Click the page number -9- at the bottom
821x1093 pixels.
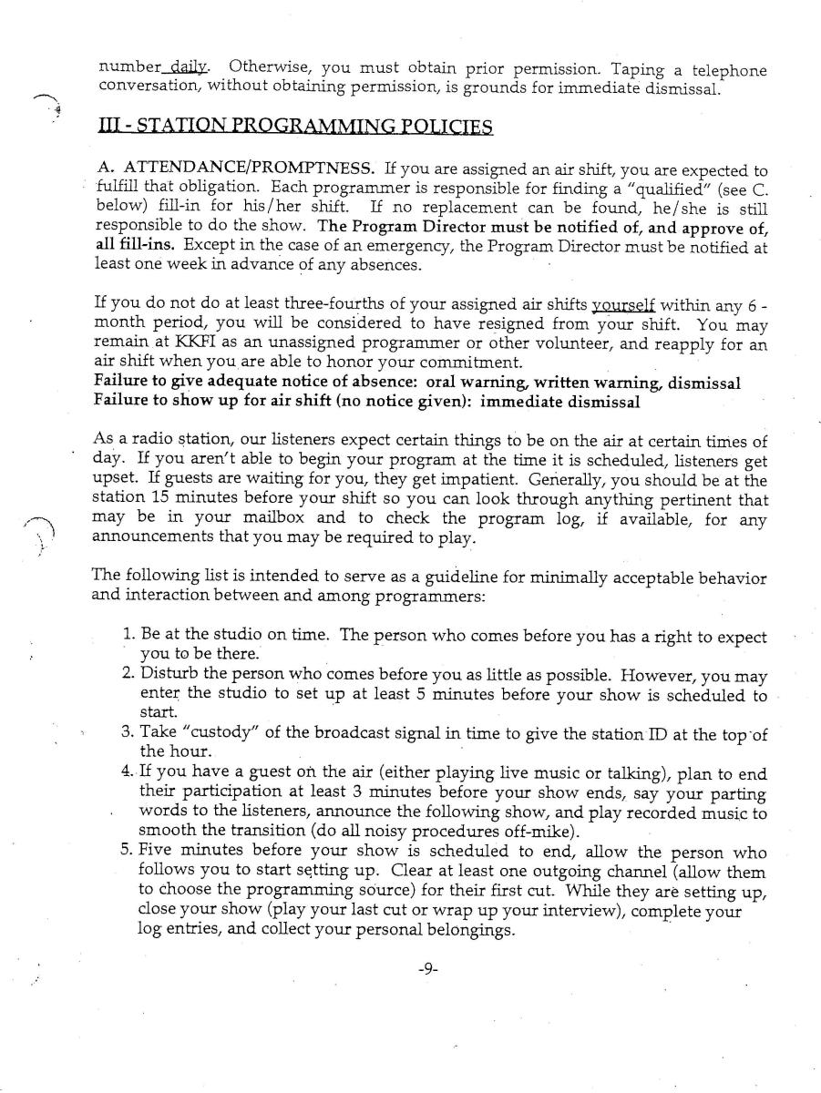427,970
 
